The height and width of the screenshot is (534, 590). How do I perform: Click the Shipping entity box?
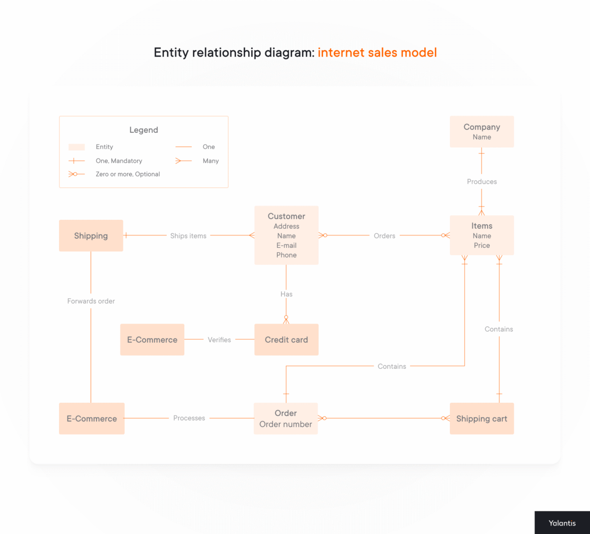click(91, 236)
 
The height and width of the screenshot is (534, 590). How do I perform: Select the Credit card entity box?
click(286, 340)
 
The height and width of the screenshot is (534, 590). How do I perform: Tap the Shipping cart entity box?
click(481, 418)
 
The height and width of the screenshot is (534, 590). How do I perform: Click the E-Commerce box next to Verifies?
click(152, 340)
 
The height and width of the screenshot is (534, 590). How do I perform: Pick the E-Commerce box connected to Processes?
click(91, 418)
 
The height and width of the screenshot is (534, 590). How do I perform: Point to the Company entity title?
click(481, 127)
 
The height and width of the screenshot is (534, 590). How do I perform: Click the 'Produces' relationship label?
click(481, 181)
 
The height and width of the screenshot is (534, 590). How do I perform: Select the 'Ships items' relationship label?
click(188, 236)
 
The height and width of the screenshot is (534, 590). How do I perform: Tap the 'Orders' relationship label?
click(384, 236)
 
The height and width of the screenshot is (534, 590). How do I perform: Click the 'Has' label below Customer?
click(286, 294)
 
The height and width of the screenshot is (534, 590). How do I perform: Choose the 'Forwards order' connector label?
click(91, 301)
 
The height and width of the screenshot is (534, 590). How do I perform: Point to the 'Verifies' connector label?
click(219, 340)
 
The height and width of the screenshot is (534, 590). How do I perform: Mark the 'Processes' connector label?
click(189, 418)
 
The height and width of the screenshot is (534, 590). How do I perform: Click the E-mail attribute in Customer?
click(286, 245)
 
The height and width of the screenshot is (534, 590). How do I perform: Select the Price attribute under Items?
click(481, 245)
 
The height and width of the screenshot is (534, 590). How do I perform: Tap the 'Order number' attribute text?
click(286, 424)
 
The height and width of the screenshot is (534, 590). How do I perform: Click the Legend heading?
click(144, 130)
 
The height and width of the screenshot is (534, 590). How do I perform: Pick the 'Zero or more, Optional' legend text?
click(128, 174)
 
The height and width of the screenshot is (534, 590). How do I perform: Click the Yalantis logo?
click(562, 523)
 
